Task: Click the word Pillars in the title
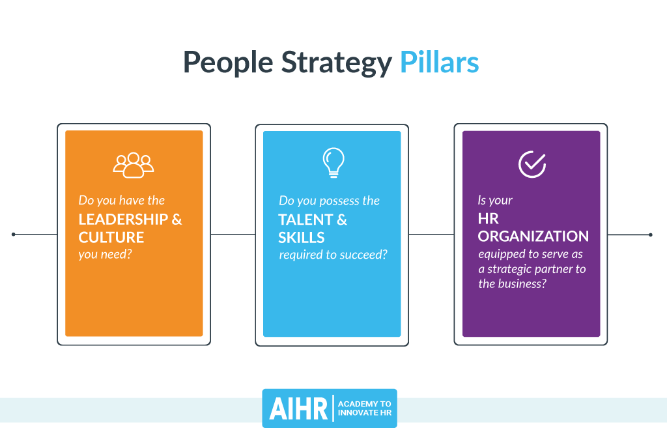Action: point(439,63)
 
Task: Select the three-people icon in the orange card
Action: point(134,164)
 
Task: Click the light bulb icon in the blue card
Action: point(333,163)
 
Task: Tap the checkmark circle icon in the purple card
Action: point(532,164)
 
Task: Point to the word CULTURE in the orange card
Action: point(111,236)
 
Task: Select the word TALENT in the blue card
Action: point(305,220)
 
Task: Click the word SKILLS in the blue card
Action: point(302,237)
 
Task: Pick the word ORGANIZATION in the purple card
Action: point(533,236)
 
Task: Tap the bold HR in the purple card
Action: point(489,220)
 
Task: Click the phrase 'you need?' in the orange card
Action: point(105,254)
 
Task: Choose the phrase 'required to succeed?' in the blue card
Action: point(333,254)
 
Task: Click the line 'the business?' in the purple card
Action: point(512,283)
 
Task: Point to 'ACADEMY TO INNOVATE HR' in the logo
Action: point(364,408)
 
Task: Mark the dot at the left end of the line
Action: point(14,234)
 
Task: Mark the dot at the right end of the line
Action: point(650,234)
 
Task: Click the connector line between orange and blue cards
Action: point(233,234)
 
